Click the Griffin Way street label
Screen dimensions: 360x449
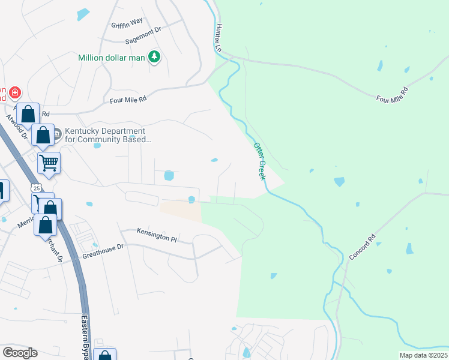coord(127,25)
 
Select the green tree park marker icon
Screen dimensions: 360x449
coord(155,57)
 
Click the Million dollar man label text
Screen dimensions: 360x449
coord(112,58)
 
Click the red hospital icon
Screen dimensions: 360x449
coord(15,93)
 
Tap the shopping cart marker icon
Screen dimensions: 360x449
coord(49,162)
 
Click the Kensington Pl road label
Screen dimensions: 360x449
coord(157,235)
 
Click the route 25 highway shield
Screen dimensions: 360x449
coord(37,188)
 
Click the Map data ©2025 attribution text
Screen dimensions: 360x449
coord(423,355)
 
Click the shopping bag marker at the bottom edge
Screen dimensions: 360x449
coord(104,355)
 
